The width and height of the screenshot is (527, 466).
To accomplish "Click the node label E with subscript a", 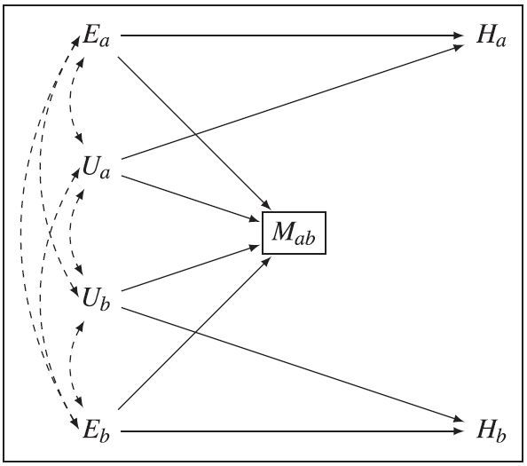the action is [96, 36].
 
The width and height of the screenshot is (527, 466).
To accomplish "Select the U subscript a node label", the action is [96, 168].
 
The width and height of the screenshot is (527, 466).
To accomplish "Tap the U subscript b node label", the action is [96, 298].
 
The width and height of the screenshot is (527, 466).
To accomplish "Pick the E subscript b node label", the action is [96, 430].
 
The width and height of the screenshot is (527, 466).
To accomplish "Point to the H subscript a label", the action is [491, 36].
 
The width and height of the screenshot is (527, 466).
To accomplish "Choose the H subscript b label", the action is [491, 430].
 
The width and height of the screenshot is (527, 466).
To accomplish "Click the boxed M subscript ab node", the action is [294, 233].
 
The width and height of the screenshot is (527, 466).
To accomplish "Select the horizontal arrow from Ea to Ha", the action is [292, 35].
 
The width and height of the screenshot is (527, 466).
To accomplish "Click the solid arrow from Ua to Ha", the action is [293, 102].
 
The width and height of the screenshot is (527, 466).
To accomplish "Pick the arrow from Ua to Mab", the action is [190, 198].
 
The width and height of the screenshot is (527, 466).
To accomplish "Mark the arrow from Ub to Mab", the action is [190, 268].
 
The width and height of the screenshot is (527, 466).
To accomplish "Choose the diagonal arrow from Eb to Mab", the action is [194, 334].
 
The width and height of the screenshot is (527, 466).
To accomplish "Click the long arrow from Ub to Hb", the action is [293, 365].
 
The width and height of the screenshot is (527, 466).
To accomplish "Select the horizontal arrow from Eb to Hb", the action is [292, 431].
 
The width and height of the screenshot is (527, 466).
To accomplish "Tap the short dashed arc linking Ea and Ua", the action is [70, 99].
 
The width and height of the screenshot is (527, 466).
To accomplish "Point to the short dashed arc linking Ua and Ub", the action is [70, 232].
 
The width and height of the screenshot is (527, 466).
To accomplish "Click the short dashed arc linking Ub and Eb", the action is [70, 363].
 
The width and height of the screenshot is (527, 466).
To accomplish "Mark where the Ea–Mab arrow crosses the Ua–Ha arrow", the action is [195, 134].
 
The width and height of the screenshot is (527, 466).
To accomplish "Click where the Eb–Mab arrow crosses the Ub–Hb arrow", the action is [195, 332].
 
